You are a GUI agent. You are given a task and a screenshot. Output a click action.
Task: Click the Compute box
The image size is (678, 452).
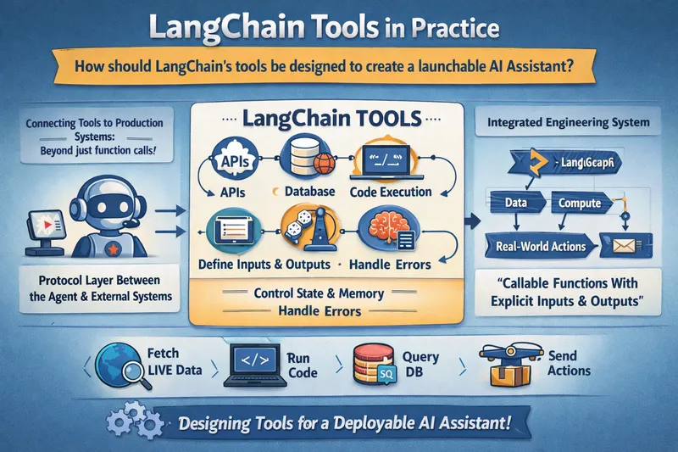pos(580,204)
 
